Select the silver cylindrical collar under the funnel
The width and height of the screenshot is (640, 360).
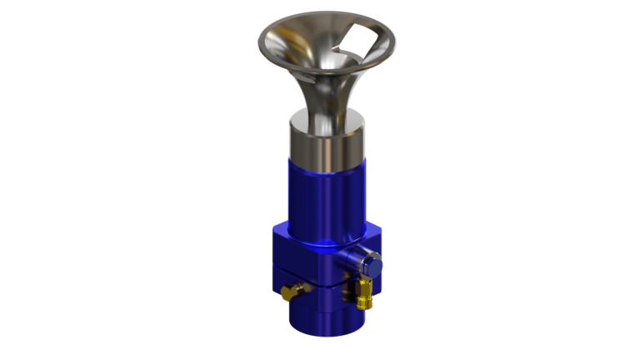327,142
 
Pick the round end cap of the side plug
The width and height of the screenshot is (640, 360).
375,266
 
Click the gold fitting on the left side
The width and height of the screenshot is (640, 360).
292,292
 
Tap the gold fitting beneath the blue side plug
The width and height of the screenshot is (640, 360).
364,294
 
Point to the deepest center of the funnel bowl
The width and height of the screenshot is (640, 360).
329,67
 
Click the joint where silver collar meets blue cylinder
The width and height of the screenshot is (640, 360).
327,163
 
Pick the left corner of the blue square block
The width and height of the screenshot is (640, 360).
272,237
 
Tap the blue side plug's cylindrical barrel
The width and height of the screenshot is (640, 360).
360,257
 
